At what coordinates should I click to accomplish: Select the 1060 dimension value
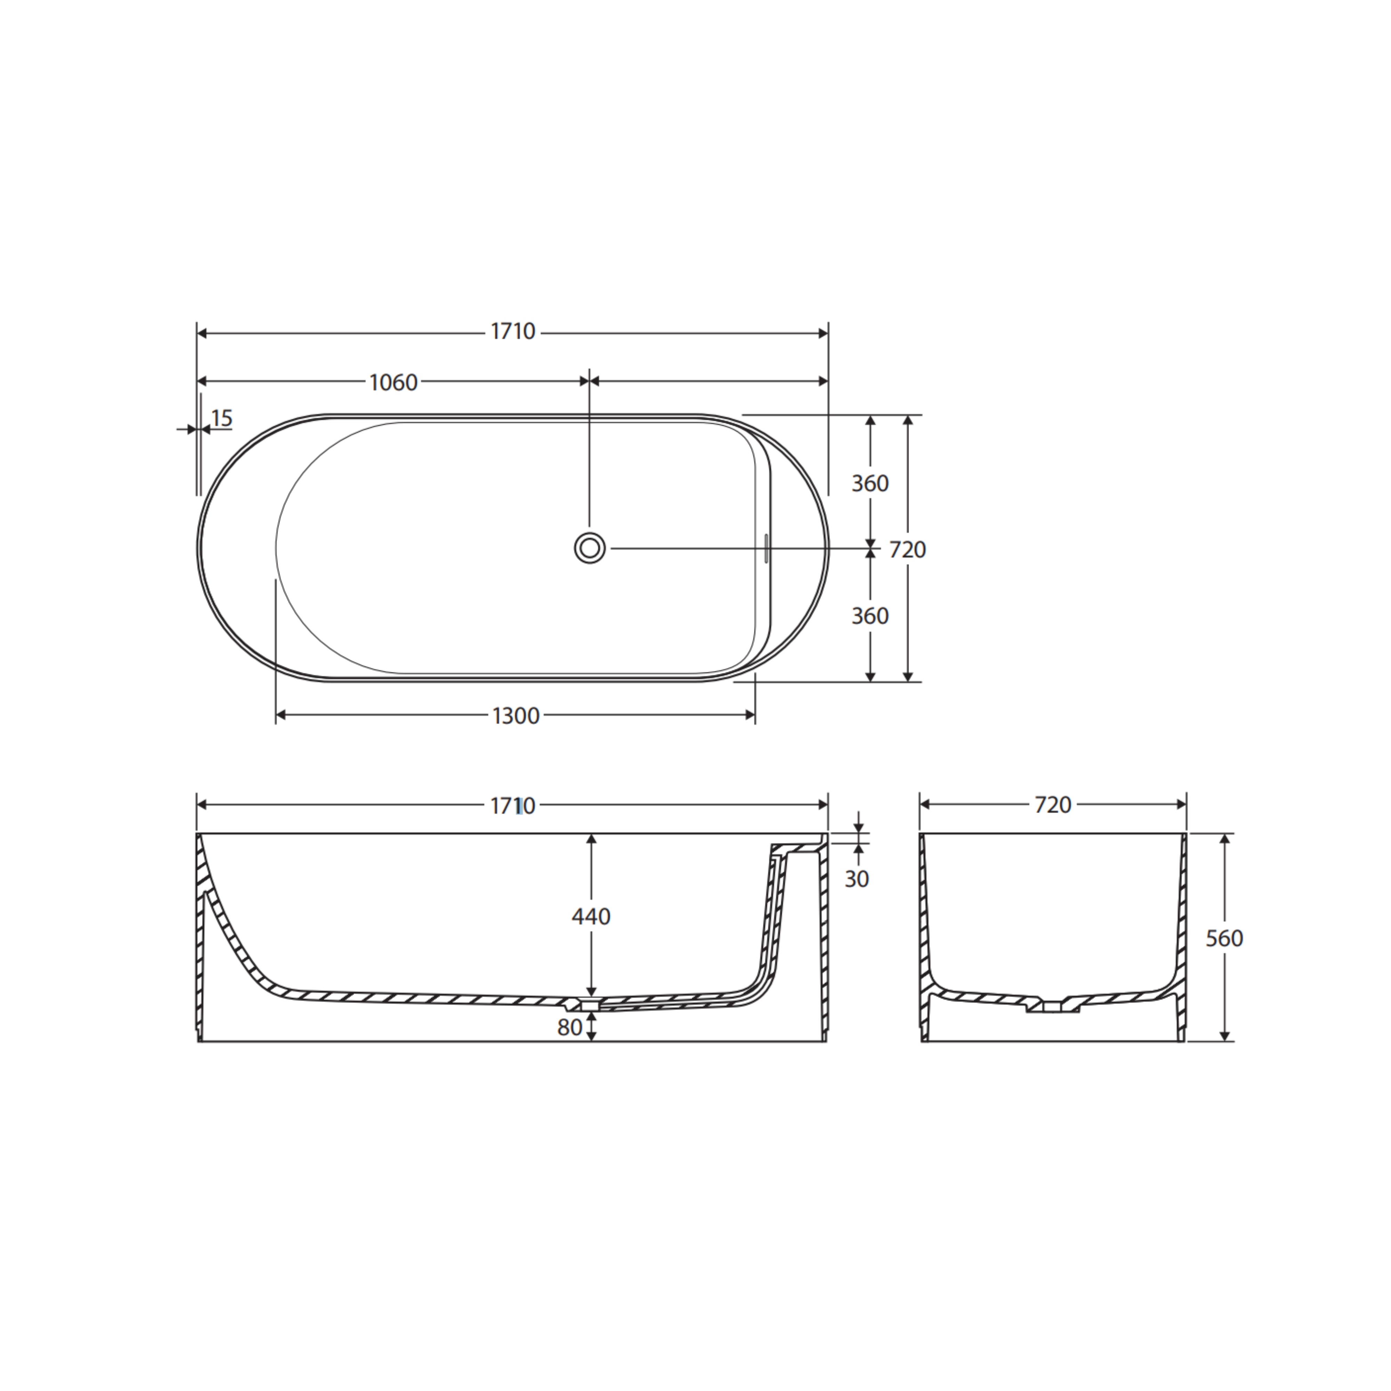coord(393,382)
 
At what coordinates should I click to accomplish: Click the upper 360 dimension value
coord(870,483)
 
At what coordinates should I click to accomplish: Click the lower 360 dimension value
coord(870,616)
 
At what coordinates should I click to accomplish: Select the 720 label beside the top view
coord(907,549)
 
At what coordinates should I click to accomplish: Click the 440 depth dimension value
coord(591,917)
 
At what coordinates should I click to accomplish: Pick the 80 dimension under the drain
coord(570,1027)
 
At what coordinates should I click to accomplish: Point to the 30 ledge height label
coord(857,878)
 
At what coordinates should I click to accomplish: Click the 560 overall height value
coord(1224,938)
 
